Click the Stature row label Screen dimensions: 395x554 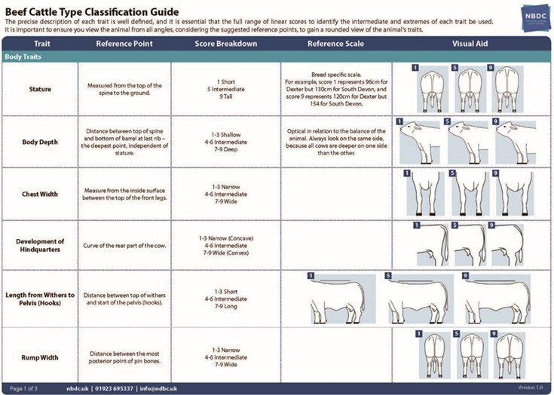coord(40,89)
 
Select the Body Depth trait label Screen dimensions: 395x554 coord(40,142)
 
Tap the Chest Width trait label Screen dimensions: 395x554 coord(40,194)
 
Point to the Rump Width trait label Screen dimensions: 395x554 coord(40,357)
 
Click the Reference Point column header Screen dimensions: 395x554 coord(124,44)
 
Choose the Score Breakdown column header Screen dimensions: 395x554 coord(225,44)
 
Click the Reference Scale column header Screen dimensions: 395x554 coord(336,44)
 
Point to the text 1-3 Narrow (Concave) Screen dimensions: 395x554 coord(226,238)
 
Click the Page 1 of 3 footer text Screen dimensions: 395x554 coord(27,389)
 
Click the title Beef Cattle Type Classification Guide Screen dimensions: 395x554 coord(92,11)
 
